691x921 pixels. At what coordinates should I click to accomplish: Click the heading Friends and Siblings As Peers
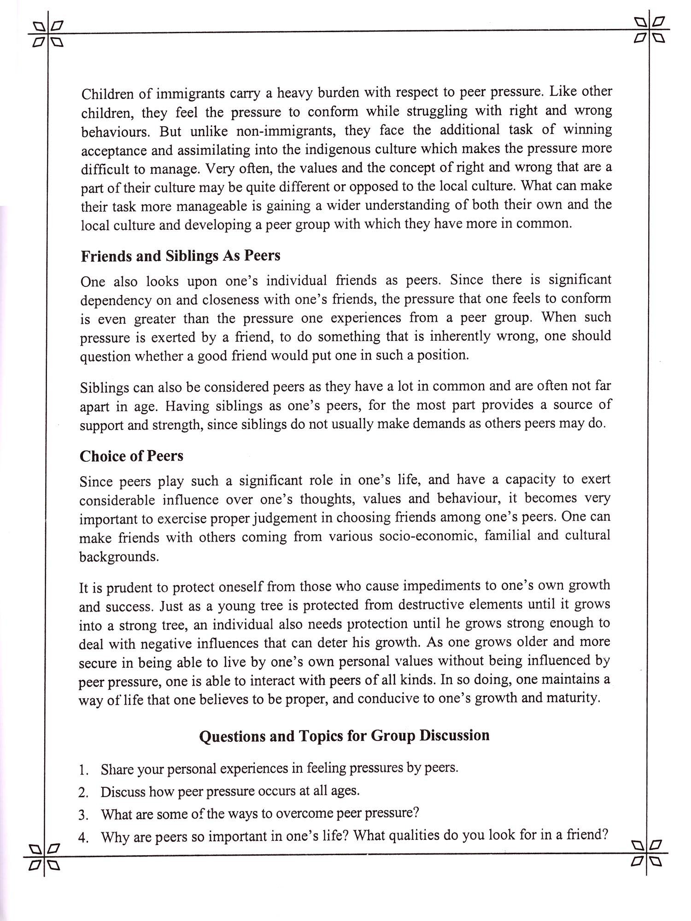click(180, 256)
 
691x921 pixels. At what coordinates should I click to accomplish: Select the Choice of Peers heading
click(131, 456)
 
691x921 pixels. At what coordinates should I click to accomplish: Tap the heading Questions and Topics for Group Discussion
click(344, 735)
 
